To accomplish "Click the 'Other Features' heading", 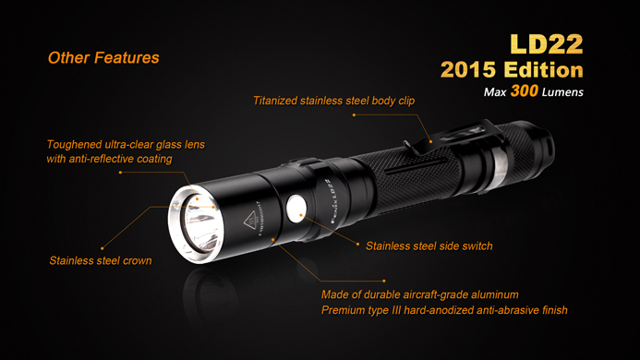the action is (x=103, y=57).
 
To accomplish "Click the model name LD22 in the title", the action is (x=547, y=44).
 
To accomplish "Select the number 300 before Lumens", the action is (x=524, y=90).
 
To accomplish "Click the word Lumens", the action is (x=562, y=92).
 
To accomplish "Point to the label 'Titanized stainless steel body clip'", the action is (x=334, y=101).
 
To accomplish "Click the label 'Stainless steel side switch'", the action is (x=429, y=246).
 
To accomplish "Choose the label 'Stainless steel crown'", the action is (x=101, y=261).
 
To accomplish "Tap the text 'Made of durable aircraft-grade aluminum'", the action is (x=419, y=294).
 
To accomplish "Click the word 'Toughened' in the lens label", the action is (x=74, y=145).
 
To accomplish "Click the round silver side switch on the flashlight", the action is (x=296, y=209).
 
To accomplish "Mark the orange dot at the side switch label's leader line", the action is (x=358, y=245).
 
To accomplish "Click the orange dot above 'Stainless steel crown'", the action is (x=102, y=248).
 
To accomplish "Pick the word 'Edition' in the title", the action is (x=544, y=70).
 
